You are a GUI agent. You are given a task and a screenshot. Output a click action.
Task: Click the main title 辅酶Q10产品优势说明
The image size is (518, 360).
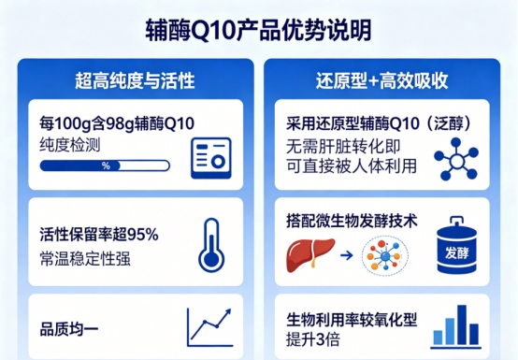[x=259, y=30]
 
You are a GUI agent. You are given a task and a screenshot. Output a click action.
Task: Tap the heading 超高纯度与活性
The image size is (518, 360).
[x=136, y=80]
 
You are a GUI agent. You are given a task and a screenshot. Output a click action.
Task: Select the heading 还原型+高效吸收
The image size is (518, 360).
[x=381, y=80]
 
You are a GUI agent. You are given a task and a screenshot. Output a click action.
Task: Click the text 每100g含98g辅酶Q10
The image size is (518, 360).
[x=117, y=123]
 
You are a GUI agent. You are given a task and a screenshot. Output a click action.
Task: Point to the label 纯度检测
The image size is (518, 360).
[x=70, y=145]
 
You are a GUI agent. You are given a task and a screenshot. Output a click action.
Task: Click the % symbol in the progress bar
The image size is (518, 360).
[x=106, y=166]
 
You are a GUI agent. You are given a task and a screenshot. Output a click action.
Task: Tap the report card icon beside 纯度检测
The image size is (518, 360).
[x=211, y=158]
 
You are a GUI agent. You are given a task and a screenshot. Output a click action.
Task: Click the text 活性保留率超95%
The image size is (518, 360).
[x=99, y=235]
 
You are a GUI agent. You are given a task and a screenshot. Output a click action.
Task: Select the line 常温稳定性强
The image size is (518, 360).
[x=85, y=259]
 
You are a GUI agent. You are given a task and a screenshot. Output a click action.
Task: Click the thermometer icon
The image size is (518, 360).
[x=211, y=244]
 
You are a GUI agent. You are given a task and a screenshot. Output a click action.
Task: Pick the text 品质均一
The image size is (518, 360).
[x=69, y=329]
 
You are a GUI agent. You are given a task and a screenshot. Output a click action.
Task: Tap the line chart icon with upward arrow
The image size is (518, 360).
[x=209, y=327]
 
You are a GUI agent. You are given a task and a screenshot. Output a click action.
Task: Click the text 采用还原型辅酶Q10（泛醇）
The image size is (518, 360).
[x=379, y=123]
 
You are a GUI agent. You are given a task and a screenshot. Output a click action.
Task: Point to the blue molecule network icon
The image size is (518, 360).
[x=456, y=159]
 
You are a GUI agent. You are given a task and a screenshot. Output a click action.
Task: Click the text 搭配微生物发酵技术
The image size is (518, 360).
[x=352, y=221]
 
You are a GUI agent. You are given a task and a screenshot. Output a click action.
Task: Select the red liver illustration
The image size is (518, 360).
[x=310, y=255]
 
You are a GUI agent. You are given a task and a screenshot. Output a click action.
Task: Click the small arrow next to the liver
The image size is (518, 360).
[x=347, y=255]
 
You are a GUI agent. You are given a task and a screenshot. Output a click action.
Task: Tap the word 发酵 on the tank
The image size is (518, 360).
[x=457, y=253]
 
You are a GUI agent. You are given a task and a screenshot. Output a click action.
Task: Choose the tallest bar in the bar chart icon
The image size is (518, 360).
[x=462, y=325]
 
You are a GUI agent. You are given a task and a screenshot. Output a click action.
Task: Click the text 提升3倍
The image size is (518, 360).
[x=313, y=339]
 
